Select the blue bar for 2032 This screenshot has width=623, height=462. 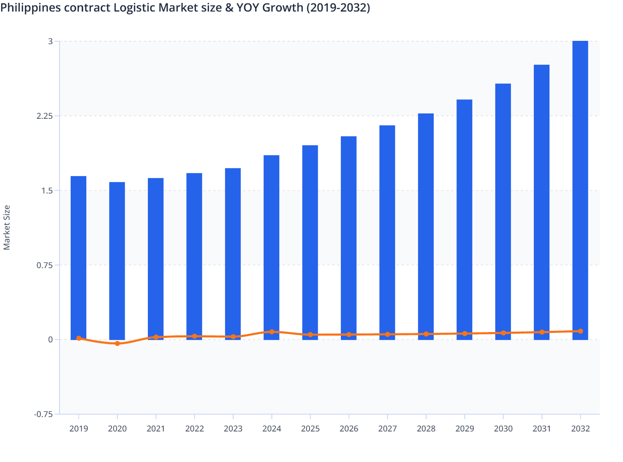point(580,190)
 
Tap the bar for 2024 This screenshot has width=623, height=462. point(271,247)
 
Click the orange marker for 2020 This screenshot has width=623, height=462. point(117,344)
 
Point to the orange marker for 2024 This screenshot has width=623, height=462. point(272,332)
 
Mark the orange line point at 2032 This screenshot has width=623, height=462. point(580,331)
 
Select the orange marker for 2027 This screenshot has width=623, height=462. point(388,335)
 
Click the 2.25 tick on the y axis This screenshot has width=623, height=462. point(45,116)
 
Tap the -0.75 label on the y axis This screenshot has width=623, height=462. point(43,414)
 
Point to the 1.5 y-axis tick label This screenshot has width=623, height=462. point(47,191)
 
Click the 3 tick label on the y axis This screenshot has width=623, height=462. point(50,41)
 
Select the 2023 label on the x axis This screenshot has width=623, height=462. point(233,429)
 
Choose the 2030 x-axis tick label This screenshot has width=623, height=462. point(503,429)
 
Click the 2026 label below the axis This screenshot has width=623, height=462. point(349,429)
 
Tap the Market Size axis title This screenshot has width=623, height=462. point(7,228)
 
